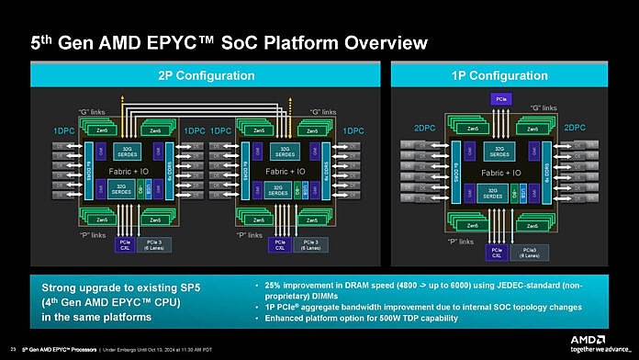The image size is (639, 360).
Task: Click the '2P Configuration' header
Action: point(194,74)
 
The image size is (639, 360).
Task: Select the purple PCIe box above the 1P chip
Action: point(499,99)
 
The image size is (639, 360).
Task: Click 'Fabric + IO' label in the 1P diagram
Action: point(499,172)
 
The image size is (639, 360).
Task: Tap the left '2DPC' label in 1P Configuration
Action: point(423,129)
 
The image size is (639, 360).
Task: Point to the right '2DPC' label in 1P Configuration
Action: point(575,129)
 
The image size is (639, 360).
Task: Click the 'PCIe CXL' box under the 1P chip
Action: point(497,250)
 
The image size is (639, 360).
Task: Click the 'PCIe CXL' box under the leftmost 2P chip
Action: point(125,244)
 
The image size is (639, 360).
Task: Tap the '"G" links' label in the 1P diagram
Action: point(544,108)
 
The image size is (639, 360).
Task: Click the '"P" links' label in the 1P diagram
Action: point(459,242)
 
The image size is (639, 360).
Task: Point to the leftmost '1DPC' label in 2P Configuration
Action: point(64,132)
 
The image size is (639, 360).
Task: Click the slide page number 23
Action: point(12,348)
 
